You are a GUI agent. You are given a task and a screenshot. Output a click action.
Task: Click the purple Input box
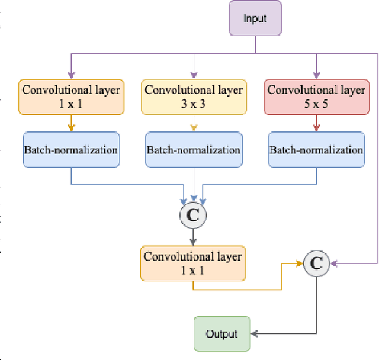coord(255,18)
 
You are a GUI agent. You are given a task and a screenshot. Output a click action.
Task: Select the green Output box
coord(221,334)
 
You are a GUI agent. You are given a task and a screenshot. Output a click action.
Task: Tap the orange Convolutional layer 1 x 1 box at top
coord(71,97)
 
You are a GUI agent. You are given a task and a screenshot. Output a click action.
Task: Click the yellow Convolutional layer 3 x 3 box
coord(194,97)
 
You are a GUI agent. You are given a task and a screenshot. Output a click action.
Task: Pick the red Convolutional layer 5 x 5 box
coord(316,97)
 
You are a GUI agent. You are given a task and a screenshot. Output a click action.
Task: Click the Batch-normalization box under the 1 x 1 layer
coord(71,150)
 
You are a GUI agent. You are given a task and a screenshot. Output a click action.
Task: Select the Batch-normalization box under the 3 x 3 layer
coord(194,150)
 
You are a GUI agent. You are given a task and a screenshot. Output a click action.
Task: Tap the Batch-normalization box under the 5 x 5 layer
coord(316,150)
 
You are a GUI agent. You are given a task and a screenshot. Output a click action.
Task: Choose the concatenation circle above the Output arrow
coord(316,263)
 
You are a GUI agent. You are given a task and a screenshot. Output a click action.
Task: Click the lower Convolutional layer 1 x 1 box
coord(193,263)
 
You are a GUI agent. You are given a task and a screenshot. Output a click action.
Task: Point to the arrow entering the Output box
coord(255,334)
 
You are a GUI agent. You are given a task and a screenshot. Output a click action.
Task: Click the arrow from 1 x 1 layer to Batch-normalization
coord(71,123)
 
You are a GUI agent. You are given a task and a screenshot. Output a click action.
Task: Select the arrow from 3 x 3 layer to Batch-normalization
coord(194,123)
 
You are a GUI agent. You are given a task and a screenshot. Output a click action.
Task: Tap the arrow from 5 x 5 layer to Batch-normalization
coord(316,123)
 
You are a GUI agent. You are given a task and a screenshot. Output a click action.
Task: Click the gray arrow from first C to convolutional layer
coord(193,237)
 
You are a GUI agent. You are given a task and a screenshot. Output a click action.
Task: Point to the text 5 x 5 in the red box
coord(316,104)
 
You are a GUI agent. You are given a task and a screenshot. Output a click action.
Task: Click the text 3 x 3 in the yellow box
coord(194,104)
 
